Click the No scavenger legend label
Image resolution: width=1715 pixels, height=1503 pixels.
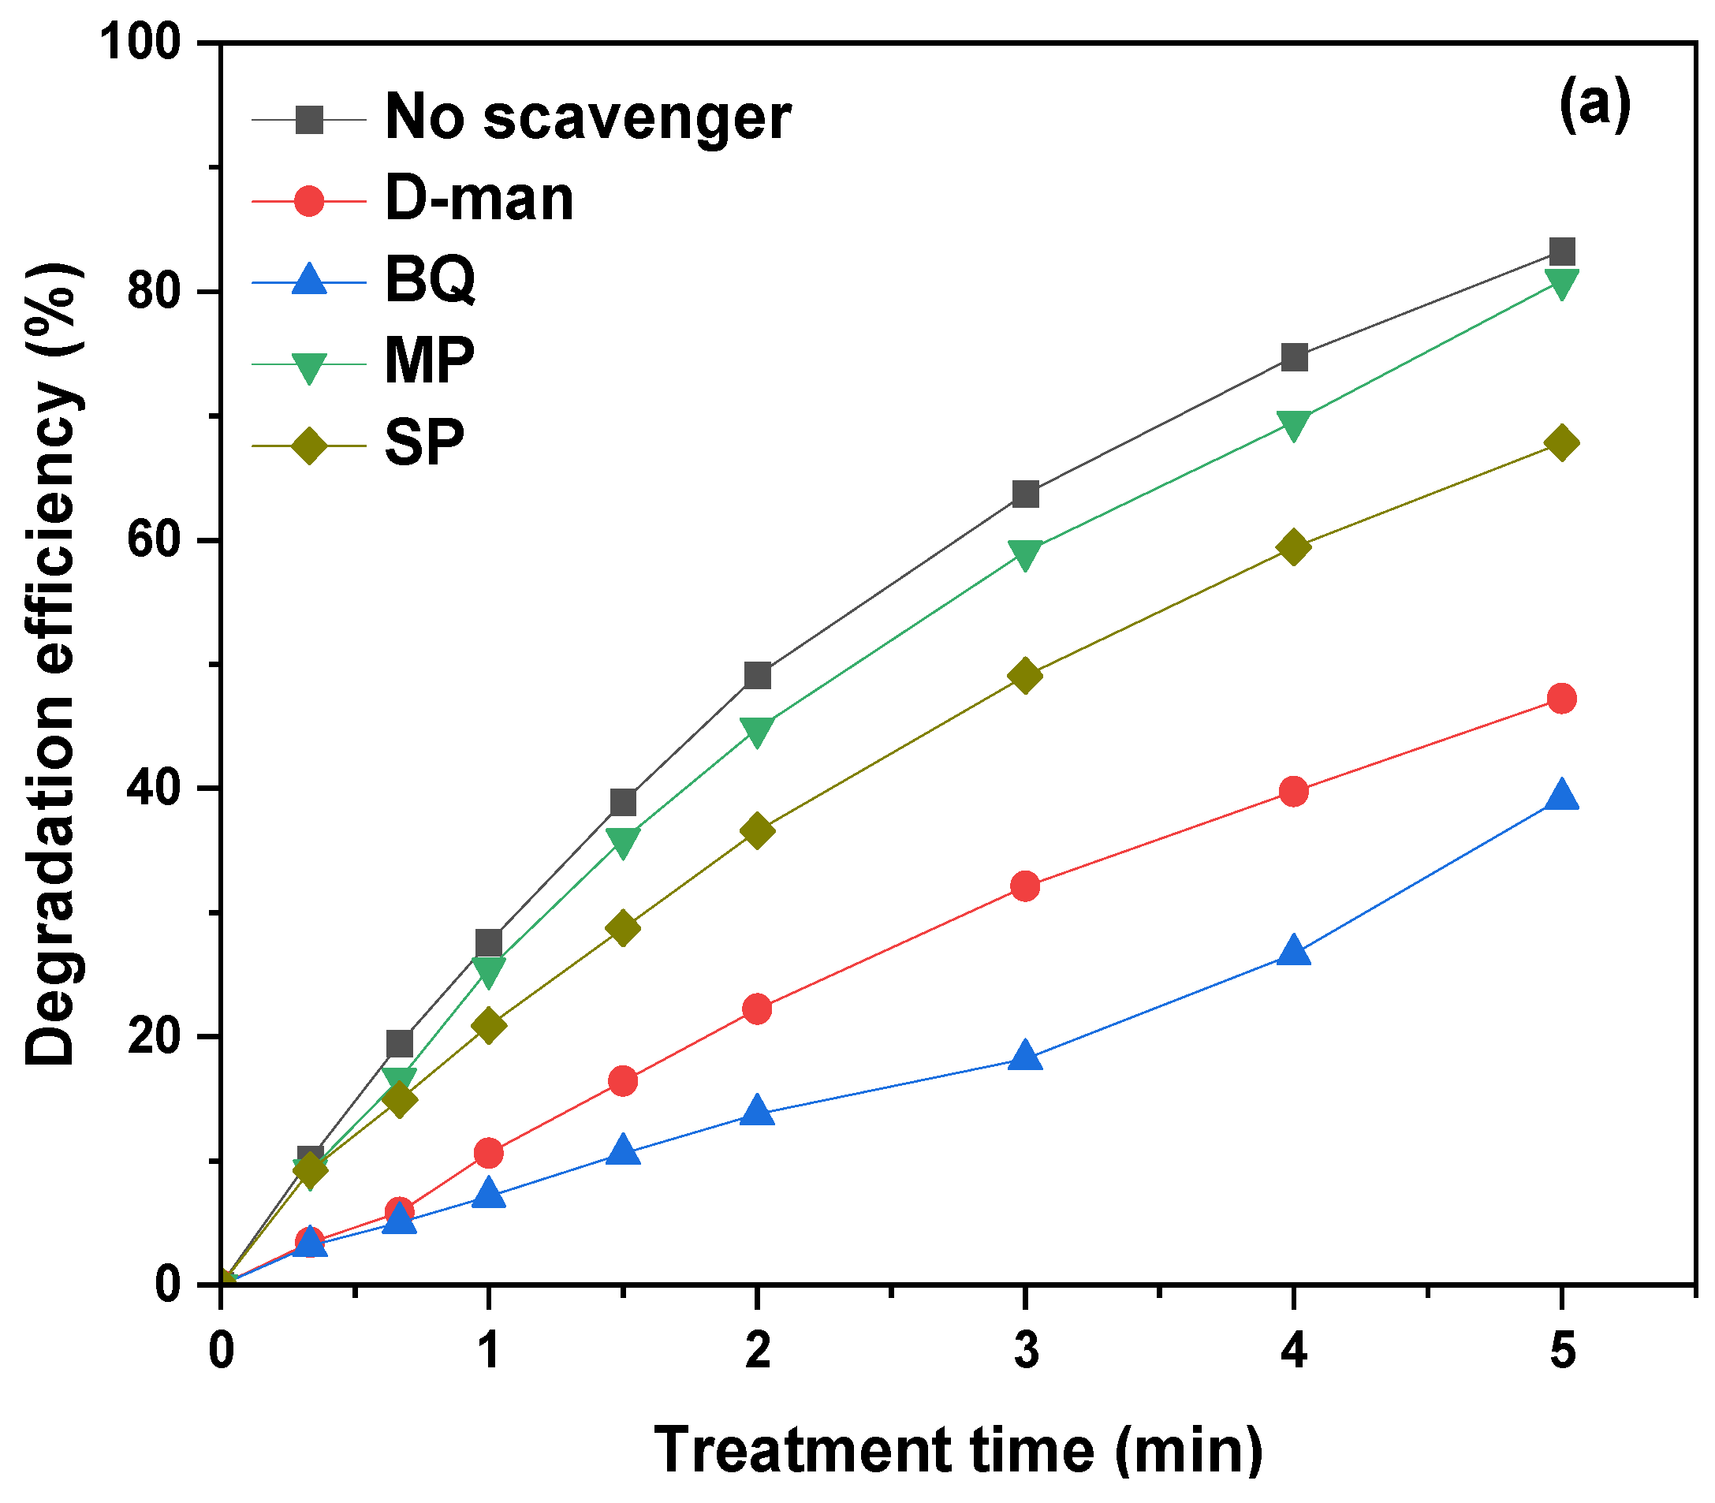click(587, 117)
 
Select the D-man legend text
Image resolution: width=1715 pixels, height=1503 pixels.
click(479, 200)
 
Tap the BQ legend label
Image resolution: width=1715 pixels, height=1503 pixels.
click(431, 279)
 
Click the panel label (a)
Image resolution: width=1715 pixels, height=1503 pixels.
click(1594, 106)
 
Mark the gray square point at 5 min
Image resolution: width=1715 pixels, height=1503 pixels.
click(1561, 251)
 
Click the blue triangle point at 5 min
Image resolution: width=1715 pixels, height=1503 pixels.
click(1561, 795)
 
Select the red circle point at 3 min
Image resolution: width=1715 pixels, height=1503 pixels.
click(1025, 886)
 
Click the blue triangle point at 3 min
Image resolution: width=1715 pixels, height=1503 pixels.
click(1025, 1056)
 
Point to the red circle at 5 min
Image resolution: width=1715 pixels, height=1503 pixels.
click(1561, 698)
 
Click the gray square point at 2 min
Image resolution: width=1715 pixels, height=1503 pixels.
click(756, 675)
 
